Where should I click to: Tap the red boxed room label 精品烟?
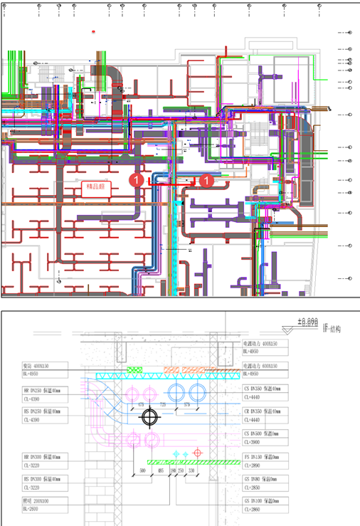pos(96,187)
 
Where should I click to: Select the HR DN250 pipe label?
pos(42,391)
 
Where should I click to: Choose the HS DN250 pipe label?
pos(42,412)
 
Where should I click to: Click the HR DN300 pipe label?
pos(42,458)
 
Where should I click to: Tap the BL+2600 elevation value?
pos(31,510)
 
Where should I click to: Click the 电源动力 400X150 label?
pos(263,343)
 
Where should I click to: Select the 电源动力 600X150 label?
pos(263,367)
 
